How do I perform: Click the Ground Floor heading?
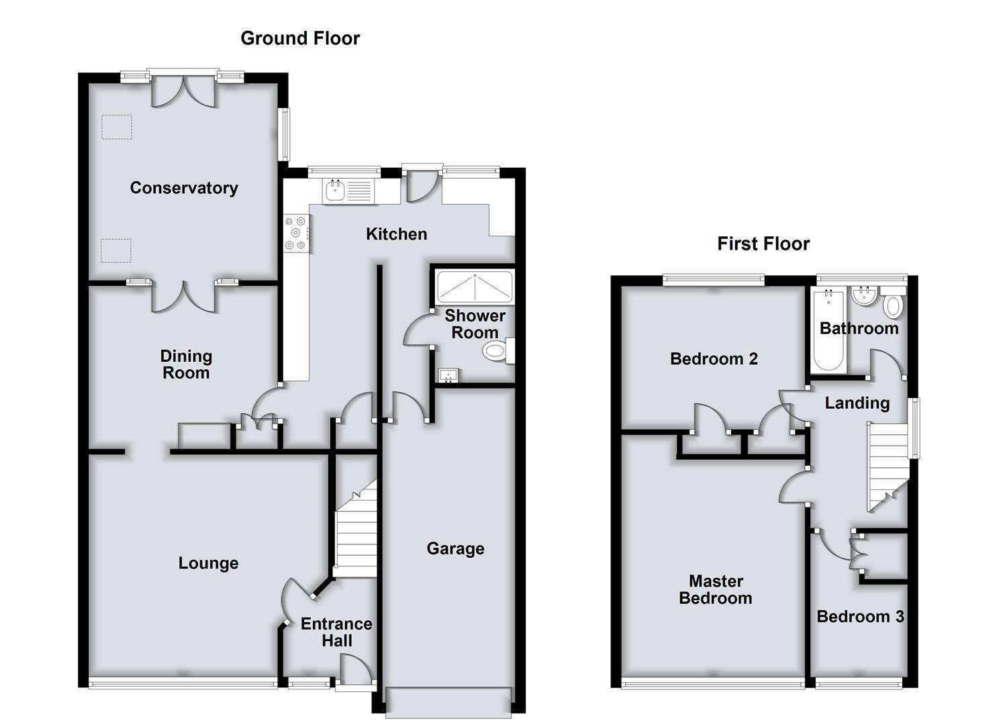pyautogui.click(x=300, y=39)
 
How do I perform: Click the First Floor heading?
pyautogui.click(x=763, y=244)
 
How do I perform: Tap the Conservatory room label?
pyautogui.click(x=184, y=188)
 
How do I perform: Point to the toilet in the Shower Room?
pyautogui.click(x=498, y=351)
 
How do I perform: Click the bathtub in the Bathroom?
pyautogui.click(x=828, y=332)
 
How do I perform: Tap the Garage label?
pyautogui.click(x=455, y=548)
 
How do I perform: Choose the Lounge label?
pyautogui.click(x=208, y=563)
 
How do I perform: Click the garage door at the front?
pyautogui.click(x=448, y=702)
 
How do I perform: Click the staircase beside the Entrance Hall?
pyautogui.click(x=356, y=529)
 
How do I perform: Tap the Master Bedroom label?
pyautogui.click(x=716, y=589)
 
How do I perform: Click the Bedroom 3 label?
pyautogui.click(x=860, y=617)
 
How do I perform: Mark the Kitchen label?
pyautogui.click(x=397, y=234)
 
